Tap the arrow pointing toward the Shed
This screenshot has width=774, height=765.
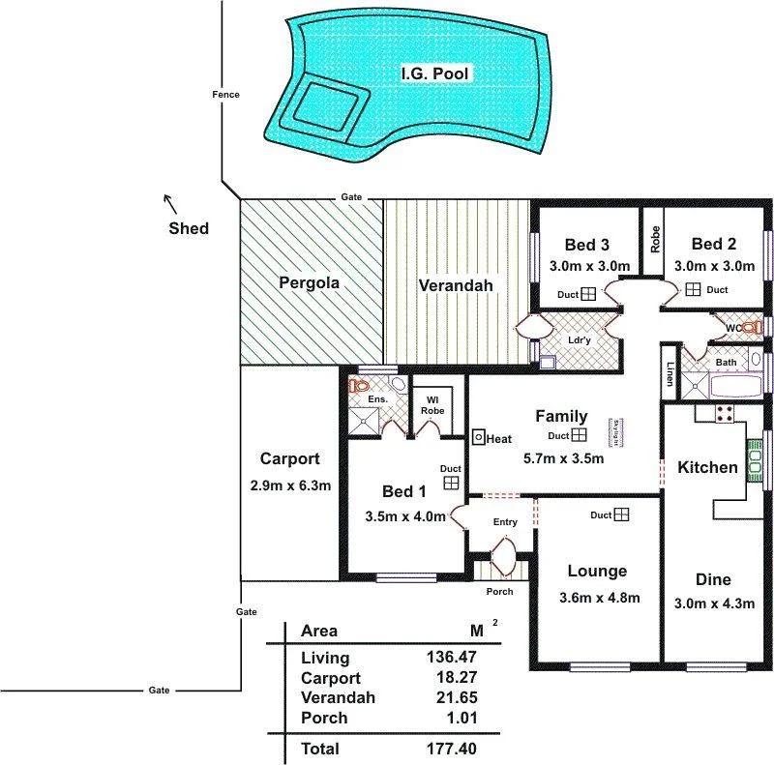tap(169, 203)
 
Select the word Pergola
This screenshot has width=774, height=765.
tap(309, 283)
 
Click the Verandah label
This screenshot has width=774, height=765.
tap(456, 285)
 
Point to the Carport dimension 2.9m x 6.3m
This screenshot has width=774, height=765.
tap(289, 485)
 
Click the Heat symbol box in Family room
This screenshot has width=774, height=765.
tap(479, 437)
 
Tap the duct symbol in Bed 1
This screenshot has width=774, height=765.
tap(451, 483)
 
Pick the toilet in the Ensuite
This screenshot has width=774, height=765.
tap(361, 386)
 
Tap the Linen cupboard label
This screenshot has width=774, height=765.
tap(670, 373)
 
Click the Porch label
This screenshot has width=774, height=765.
tap(500, 591)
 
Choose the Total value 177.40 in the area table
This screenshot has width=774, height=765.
tap(451, 748)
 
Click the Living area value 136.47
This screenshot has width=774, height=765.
tap(451, 658)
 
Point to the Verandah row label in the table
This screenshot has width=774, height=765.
tap(338, 697)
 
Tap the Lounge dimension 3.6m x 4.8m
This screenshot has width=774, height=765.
tap(599, 597)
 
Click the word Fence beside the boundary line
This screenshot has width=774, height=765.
tap(225, 95)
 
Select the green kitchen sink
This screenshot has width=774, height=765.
tap(754, 455)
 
